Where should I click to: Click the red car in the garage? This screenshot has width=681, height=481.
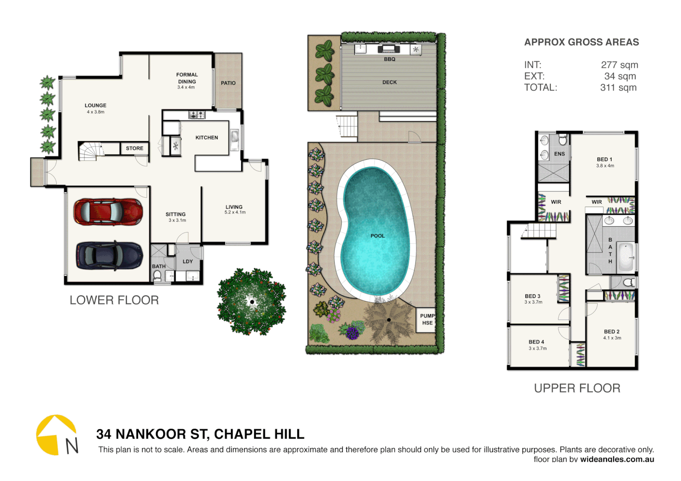coord(108,212)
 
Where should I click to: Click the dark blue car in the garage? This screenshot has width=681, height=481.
coord(109,256)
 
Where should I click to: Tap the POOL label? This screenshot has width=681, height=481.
coord(377,236)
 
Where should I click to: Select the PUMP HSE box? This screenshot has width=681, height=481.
coord(426,319)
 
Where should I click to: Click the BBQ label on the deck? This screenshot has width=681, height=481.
coord(390,59)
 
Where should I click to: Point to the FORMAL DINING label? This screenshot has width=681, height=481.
coord(187,78)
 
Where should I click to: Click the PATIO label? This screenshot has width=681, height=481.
coord(228,83)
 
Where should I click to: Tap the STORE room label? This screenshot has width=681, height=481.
coord(135,148)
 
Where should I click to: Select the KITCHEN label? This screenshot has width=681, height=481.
coord(207,138)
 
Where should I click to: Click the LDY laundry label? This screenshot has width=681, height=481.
coord(188,261)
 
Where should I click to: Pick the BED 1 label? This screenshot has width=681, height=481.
coord(604,159)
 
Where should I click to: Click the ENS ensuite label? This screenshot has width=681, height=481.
coord(559,154)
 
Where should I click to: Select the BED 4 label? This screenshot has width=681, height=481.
coord(537,342)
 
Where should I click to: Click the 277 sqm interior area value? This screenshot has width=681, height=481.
coord(619,65)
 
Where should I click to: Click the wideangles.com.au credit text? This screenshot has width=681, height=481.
coord(617,459)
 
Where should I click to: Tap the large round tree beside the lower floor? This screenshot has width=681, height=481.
coord(252,302)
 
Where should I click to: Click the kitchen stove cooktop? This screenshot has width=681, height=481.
coord(197,115)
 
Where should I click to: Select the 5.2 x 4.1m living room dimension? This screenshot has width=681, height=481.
coord(235,212)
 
